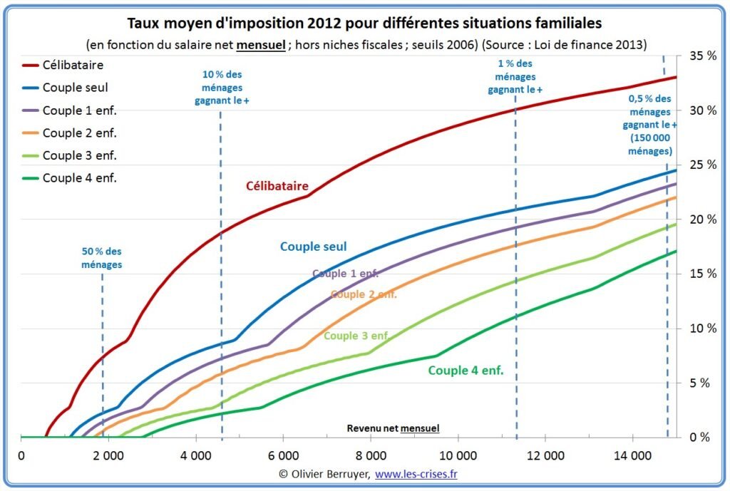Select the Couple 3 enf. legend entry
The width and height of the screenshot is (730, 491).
[79, 155]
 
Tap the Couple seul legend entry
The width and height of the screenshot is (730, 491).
[75, 88]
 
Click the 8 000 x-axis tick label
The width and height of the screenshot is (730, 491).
[370, 456]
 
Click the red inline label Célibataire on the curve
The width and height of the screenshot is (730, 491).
[277, 187]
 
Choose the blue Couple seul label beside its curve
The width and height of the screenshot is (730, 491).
[313, 247]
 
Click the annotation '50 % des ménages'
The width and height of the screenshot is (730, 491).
[101, 257]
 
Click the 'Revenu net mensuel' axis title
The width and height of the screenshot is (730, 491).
[393, 428]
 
